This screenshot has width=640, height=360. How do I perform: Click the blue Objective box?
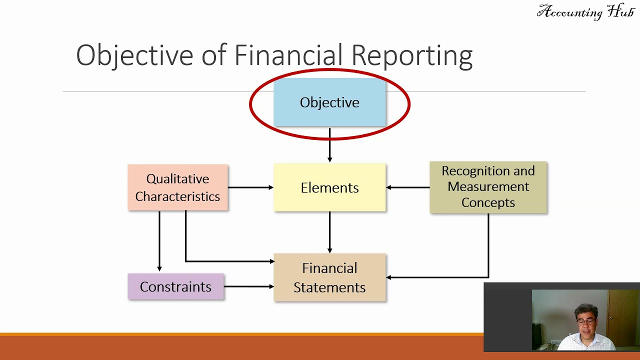click(329, 102)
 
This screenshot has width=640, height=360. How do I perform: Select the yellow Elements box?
click(329, 187)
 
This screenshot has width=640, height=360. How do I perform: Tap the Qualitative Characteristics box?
click(177, 187)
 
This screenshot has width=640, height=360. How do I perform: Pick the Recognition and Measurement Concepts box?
click(488, 187)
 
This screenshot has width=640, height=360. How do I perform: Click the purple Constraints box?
click(175, 286)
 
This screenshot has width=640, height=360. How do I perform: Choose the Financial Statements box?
click(329, 277)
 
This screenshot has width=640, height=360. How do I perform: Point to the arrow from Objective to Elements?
click(329, 145)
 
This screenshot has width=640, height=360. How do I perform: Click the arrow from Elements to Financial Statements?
click(329, 232)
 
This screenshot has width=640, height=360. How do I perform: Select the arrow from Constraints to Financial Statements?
click(248, 286)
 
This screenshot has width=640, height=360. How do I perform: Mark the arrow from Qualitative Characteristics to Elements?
click(250, 187)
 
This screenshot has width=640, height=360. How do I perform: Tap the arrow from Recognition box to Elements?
click(407, 187)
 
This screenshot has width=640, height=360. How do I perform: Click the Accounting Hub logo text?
click(585, 12)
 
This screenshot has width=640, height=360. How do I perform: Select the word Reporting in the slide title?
click(411, 55)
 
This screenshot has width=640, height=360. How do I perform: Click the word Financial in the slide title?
click(288, 55)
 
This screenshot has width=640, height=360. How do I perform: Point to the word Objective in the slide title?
click(134, 55)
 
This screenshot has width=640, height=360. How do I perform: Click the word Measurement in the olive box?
click(488, 186)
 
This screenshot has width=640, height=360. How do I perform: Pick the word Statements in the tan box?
click(329, 287)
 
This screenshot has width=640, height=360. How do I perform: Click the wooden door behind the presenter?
click(623, 315)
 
